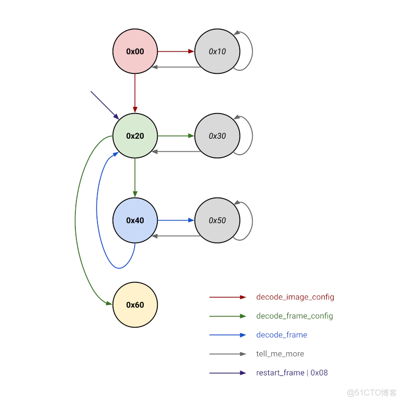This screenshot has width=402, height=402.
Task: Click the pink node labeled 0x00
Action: pos(135,51)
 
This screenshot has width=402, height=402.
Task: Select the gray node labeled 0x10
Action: pos(217,51)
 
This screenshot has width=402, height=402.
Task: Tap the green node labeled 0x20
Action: pos(135,136)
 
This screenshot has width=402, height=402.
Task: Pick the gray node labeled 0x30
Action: pos(217,136)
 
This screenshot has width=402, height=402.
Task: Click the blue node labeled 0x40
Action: pos(135,220)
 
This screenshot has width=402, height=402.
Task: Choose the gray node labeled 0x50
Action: pos(217,220)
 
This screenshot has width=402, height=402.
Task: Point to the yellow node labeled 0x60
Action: pos(135,305)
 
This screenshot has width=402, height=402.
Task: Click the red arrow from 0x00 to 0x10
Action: pos(176,51)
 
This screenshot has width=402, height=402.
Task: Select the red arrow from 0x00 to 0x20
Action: pos(135,93)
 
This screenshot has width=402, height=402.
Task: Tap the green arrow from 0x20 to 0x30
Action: pos(176,136)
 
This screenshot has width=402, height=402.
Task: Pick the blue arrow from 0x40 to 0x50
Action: pos(176,220)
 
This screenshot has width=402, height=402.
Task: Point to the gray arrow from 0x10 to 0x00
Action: pos(176,67)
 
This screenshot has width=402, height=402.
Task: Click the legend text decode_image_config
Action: pos(295,297)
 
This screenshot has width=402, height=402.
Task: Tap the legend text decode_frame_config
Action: pos(294,316)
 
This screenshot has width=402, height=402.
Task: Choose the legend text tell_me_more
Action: pos(280,354)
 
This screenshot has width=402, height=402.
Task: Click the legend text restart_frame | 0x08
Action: pos(292,373)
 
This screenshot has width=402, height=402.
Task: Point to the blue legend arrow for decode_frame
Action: pos(228,335)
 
